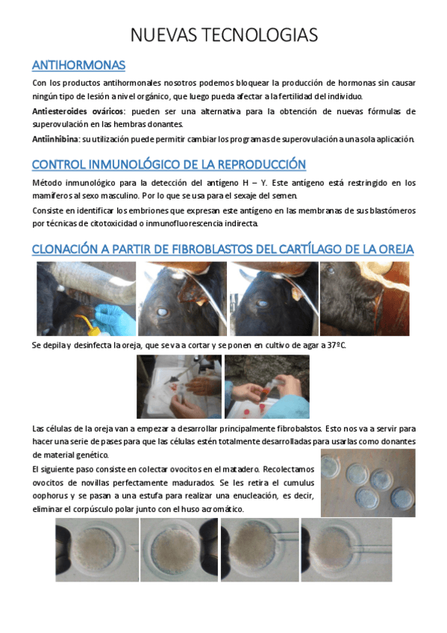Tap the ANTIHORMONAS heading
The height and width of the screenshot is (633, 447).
(x=78, y=65)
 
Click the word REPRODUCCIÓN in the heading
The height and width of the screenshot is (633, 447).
(x=256, y=164)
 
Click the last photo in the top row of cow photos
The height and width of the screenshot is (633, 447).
(x=364, y=299)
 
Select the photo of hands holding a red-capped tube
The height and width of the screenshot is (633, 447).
(x=267, y=387)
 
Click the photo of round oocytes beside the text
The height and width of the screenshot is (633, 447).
(x=367, y=482)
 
